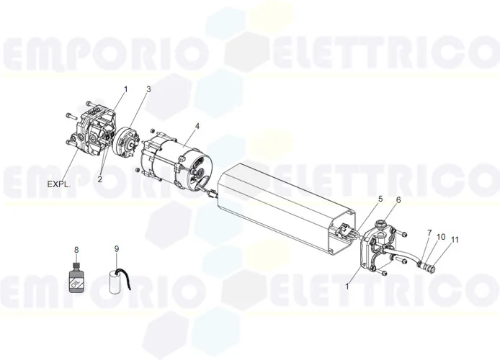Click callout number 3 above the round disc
(148, 89)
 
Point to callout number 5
(380, 199)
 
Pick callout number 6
(398, 199)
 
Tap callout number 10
(440, 237)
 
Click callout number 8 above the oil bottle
(76, 249)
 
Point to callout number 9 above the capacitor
(117, 249)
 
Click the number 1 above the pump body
(125, 89)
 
